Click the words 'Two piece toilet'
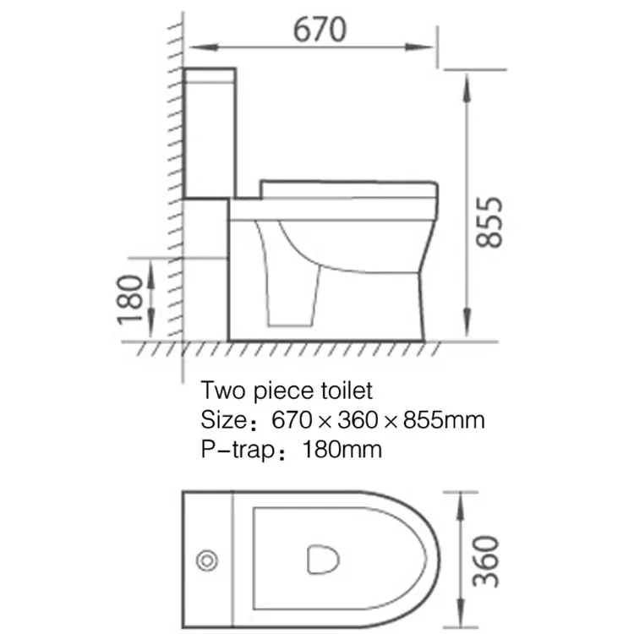coord(286,391)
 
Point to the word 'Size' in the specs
coord(222,419)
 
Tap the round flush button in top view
coord(206,560)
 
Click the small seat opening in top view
coord(321,558)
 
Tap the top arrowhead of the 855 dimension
coord(466,80)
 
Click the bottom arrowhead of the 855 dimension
coord(466,331)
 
